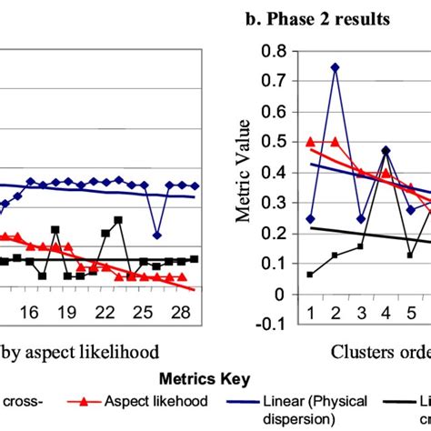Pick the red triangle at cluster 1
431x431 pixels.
[311, 142]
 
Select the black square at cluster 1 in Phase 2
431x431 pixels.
[311, 274]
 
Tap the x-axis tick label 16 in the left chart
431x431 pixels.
[29, 312]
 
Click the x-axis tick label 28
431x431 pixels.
[182, 312]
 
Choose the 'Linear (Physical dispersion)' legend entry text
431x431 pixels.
[306, 408]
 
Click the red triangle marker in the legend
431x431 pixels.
[85, 401]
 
